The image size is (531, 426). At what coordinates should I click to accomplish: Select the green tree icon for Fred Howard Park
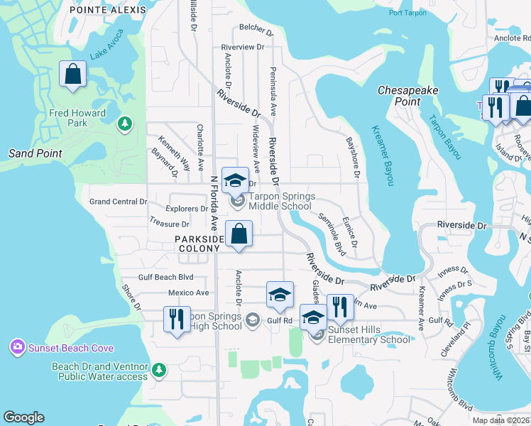[x=126, y=124]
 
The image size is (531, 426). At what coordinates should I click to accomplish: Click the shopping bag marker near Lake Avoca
[x=72, y=74]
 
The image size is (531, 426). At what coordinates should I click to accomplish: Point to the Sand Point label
[x=35, y=153]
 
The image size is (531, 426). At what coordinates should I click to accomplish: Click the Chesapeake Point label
[x=408, y=96]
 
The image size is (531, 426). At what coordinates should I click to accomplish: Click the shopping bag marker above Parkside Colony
[x=239, y=234]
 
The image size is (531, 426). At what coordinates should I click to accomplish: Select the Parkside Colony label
[x=199, y=244]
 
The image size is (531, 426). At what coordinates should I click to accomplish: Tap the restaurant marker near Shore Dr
[x=177, y=319]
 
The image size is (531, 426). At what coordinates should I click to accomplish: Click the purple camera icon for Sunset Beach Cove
[x=16, y=347]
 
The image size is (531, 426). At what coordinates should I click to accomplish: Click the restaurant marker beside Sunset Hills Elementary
[x=340, y=307]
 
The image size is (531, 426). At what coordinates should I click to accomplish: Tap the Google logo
[x=23, y=417]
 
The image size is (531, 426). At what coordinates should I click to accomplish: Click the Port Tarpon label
[x=409, y=13]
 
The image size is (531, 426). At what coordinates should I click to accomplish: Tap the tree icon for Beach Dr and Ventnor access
[x=160, y=369]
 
